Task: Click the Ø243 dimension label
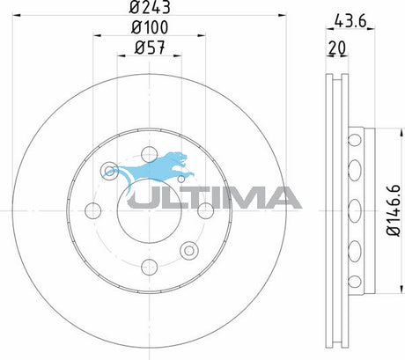(150, 7)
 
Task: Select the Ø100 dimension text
(150, 27)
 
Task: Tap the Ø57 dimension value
(150, 48)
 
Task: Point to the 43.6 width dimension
(350, 21)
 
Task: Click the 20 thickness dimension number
(337, 48)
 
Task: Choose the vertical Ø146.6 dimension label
(394, 210)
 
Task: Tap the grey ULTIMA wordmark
(214, 198)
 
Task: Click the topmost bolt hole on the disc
(150, 154)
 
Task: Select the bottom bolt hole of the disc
(150, 267)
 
